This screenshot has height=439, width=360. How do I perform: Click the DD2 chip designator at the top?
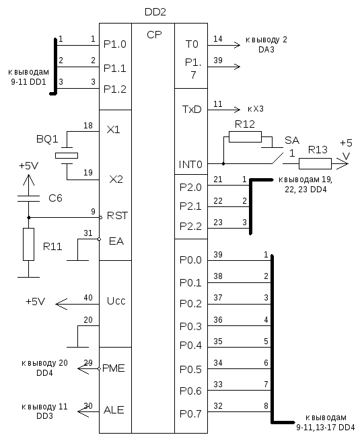click(155, 12)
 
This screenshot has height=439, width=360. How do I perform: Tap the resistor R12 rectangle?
click(245, 137)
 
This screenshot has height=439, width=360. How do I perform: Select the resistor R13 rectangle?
click(315, 164)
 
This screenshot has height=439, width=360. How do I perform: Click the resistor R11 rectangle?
click(28, 245)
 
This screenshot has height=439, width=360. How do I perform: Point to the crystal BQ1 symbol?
click(67, 156)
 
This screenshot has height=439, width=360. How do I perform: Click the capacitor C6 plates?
click(28, 198)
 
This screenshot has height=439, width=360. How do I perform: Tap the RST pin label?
click(117, 216)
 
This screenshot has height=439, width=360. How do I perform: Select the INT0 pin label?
click(190, 164)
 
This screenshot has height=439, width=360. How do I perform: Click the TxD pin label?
click(192, 109)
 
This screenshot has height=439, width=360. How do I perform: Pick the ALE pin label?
click(114, 410)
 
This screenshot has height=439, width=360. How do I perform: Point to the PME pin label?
click(114, 368)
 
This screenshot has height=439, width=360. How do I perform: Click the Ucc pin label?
click(116, 301)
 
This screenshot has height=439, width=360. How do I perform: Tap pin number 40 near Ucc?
click(88, 298)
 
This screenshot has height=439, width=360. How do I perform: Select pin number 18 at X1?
click(88, 126)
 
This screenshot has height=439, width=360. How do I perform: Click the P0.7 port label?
click(190, 414)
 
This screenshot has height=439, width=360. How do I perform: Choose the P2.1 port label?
click(190, 206)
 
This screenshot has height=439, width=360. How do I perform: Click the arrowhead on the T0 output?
click(238, 45)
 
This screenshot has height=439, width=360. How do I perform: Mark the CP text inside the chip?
click(154, 35)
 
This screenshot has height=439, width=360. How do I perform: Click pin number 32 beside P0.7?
click(218, 405)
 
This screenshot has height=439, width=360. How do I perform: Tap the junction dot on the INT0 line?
click(223, 163)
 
